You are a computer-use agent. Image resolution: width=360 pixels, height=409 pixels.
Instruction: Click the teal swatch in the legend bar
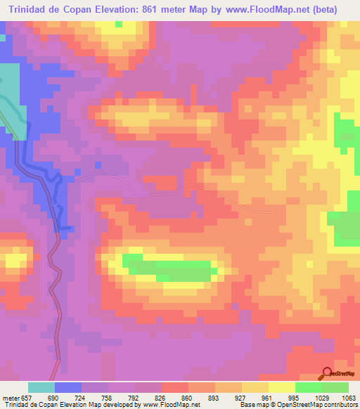tap(41, 387)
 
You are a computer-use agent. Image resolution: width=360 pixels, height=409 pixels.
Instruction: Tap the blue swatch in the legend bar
tap(68, 387)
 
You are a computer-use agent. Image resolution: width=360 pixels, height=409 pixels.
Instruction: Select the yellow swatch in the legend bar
tap(281, 387)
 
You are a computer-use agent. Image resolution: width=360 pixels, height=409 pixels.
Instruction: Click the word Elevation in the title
tap(112, 9)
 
